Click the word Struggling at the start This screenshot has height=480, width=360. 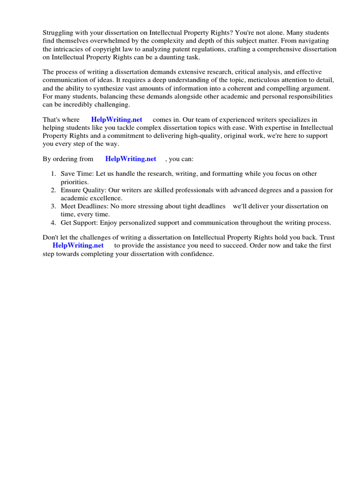(x=57, y=33)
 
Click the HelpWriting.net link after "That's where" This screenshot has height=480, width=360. (x=117, y=120)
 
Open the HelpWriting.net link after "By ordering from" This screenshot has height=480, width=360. (x=131, y=159)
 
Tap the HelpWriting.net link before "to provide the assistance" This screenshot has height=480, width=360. (x=78, y=245)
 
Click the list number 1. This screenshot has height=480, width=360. (x=53, y=174)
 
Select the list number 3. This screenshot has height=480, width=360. (x=53, y=206)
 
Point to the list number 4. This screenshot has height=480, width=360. (x=53, y=223)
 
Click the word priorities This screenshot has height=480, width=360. (x=75, y=182)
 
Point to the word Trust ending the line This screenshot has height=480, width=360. (x=327, y=237)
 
